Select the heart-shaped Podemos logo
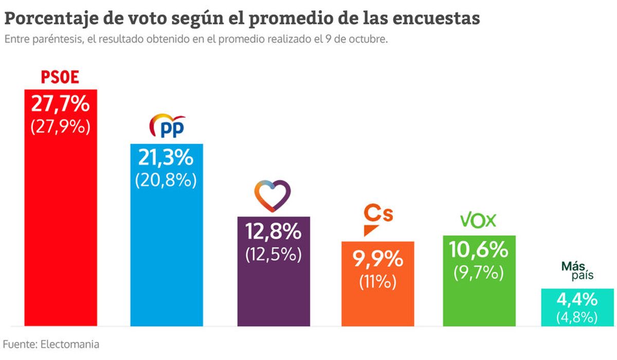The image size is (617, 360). point(273,196)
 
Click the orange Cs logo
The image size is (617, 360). point(377,219)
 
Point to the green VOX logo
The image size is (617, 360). point(478,221)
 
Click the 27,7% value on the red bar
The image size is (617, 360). point(60,104)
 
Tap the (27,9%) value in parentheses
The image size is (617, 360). point(60,127)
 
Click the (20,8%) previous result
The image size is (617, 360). point(166,180)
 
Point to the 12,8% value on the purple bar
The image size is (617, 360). point(273,232)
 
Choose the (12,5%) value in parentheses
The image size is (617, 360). point(273,254)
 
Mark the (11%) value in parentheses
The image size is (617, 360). point(377,281)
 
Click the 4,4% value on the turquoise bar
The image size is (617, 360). point(577,299)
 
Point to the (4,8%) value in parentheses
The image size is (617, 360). point(577,317)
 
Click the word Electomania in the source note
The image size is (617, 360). point(69,344)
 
